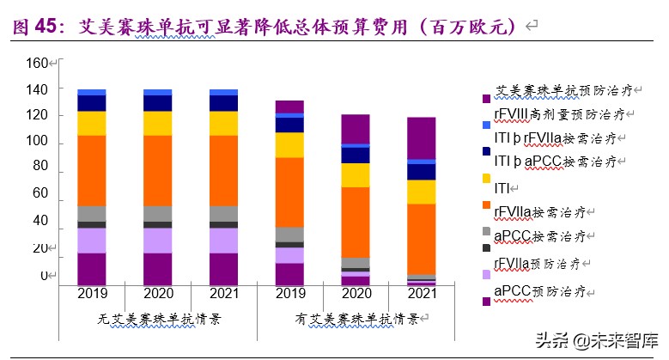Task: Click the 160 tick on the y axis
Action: pyautogui.click(x=36, y=64)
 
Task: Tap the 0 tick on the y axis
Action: pyautogui.click(x=43, y=276)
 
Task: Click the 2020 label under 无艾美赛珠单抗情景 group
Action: pyautogui.click(x=157, y=295)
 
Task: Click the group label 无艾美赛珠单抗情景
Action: pyautogui.click(x=158, y=319)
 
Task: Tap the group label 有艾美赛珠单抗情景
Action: pyautogui.click(x=356, y=319)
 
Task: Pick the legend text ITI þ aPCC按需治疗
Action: pyautogui.click(x=555, y=161)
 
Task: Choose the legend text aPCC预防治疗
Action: pyautogui.click(x=544, y=292)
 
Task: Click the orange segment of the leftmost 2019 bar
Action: pyautogui.click(x=92, y=170)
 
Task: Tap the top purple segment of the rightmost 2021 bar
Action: pyautogui.click(x=421, y=137)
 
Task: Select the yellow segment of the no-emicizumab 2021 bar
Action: pyautogui.click(x=223, y=123)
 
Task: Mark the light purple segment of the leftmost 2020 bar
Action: pyautogui.click(x=157, y=240)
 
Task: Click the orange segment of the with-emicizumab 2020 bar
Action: pyautogui.click(x=356, y=222)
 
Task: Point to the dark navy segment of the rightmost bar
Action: pyautogui.click(x=421, y=171)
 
